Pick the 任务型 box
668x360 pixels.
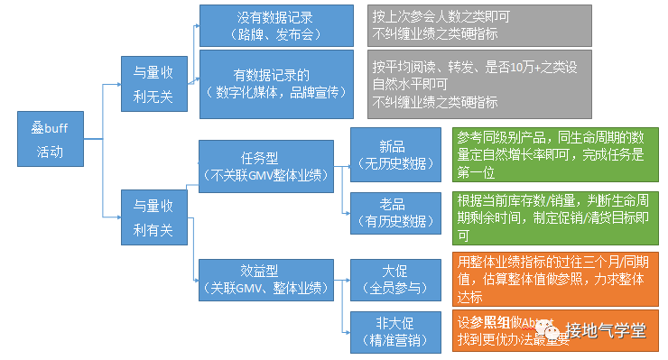(x=265, y=165)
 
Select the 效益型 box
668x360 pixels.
(x=265, y=277)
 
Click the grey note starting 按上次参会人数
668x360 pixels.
(x=479, y=25)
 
